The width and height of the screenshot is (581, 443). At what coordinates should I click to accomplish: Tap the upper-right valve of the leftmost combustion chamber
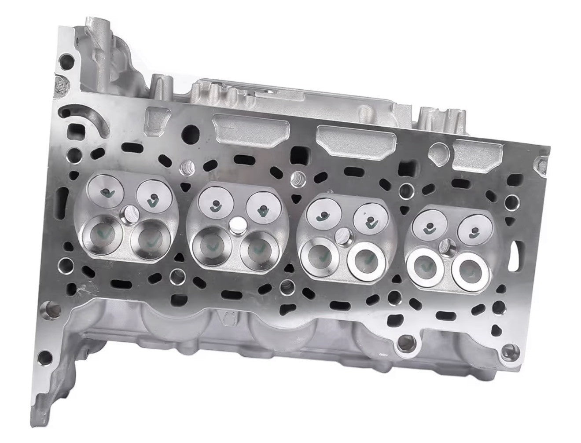[151, 196]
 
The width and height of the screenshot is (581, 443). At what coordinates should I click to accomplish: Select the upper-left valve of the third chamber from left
[324, 214]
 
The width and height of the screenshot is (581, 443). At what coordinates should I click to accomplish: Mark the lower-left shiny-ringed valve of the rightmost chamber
[425, 265]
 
